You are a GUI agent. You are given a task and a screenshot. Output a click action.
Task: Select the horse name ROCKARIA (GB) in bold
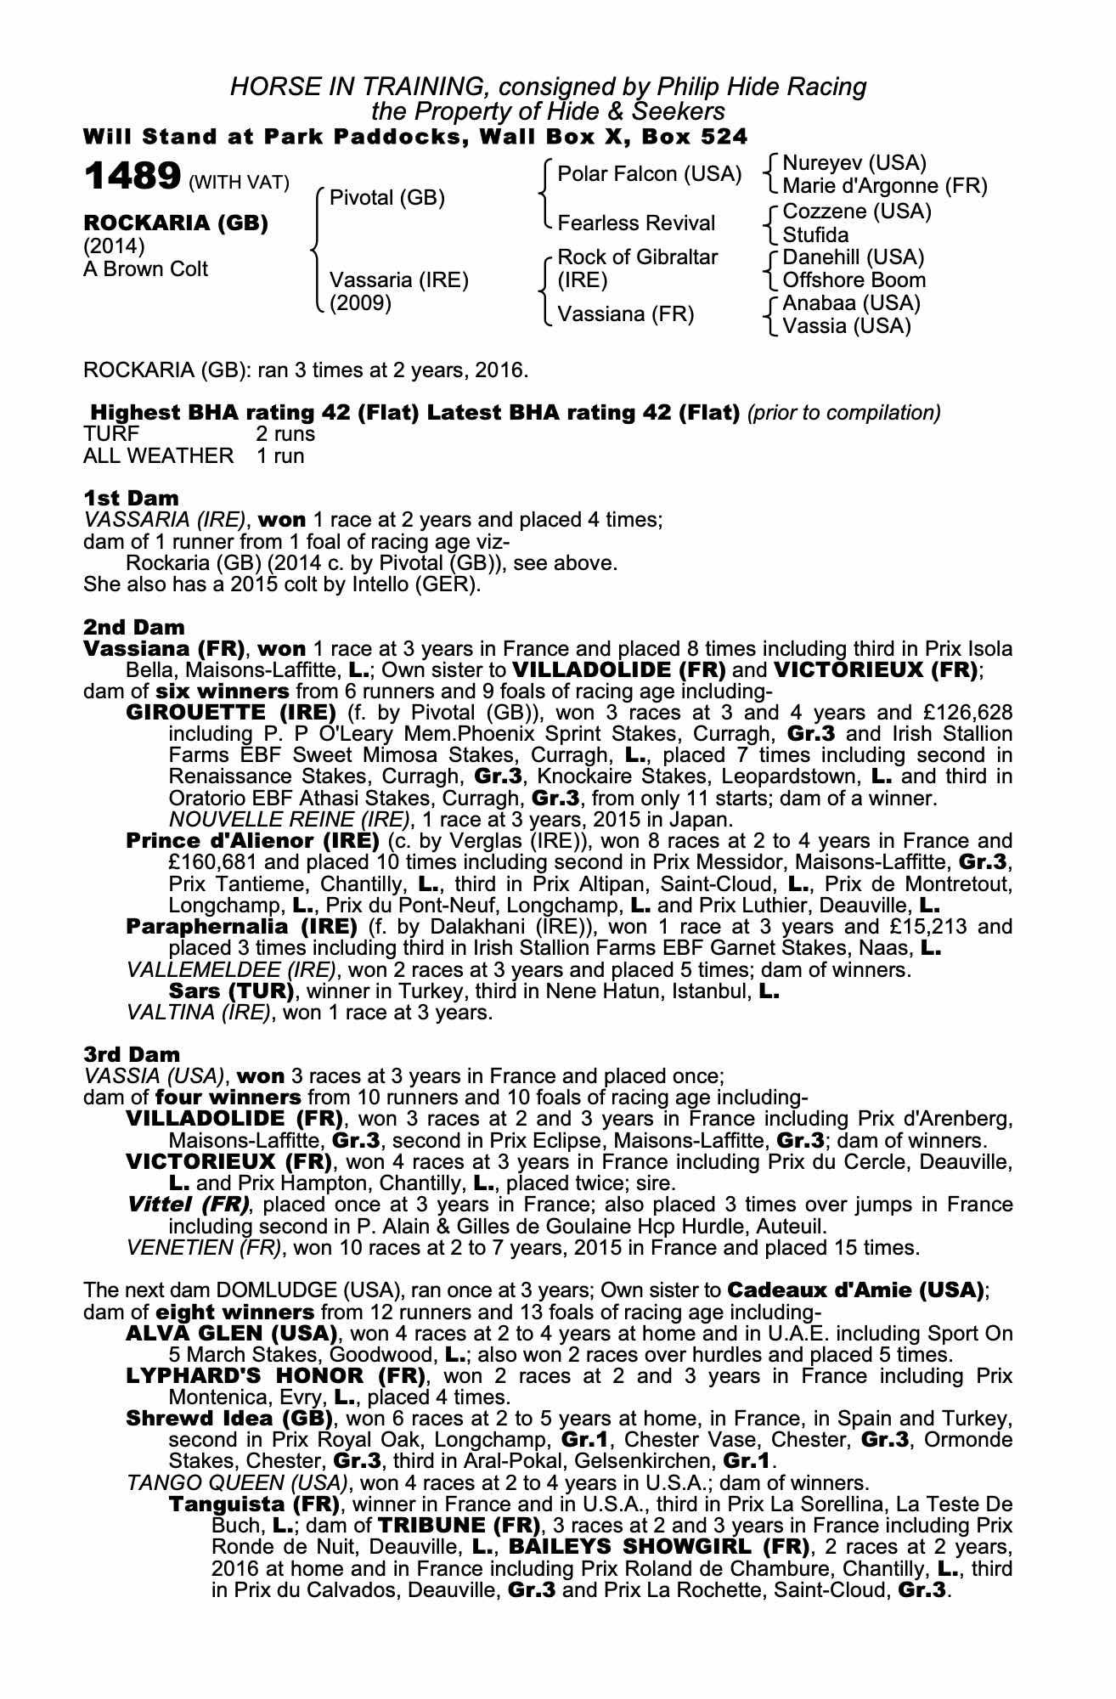pos(176,223)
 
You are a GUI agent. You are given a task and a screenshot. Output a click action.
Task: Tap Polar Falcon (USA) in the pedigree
pos(650,174)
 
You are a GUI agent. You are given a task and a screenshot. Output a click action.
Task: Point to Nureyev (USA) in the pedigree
pos(854,162)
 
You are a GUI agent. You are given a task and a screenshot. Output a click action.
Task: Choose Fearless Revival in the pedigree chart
pos(637,223)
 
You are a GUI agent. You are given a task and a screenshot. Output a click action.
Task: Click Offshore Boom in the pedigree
pos(854,280)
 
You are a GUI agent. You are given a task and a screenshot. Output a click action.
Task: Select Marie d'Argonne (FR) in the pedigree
pos(885,186)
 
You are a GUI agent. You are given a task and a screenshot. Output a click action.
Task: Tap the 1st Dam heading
pos(131,498)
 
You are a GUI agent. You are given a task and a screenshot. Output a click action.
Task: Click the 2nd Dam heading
pos(134,628)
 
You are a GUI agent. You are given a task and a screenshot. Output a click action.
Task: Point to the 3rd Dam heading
pos(132,1054)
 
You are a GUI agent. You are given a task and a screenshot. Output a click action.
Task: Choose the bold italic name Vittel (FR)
pos(189,1205)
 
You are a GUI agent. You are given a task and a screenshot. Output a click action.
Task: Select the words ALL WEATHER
pos(158,456)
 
